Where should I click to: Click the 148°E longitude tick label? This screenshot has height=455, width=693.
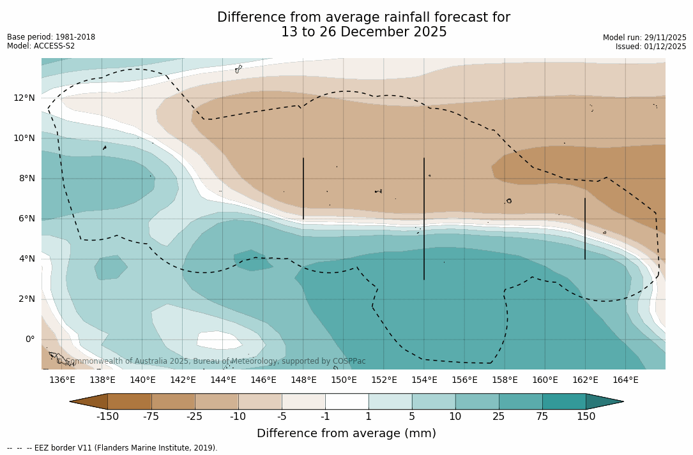coord(303,380)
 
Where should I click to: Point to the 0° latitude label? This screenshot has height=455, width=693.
coord(29,339)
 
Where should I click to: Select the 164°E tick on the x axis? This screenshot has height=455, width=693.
coord(625,380)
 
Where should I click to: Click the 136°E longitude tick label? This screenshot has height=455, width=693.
coord(62,380)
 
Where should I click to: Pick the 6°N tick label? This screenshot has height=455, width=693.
coord(26,218)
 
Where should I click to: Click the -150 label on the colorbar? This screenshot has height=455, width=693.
coord(107,417)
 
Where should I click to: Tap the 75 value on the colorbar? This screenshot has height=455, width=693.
coord(542,417)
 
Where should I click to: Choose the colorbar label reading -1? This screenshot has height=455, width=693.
coord(325,417)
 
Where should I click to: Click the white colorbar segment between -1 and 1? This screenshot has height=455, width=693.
coord(347,401)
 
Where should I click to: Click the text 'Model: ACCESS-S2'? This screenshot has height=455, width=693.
coord(41,46)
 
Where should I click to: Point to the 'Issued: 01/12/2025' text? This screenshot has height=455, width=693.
coord(651,47)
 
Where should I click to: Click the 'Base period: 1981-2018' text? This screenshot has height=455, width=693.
coord(51,37)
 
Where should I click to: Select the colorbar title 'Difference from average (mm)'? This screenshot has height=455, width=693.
coord(346,434)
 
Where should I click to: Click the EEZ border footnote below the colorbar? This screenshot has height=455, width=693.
coord(112,448)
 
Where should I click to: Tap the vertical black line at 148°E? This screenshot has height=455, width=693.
coord(303,188)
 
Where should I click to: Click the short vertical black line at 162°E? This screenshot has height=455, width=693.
coord(585,228)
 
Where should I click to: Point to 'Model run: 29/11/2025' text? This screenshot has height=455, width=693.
coord(644,38)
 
